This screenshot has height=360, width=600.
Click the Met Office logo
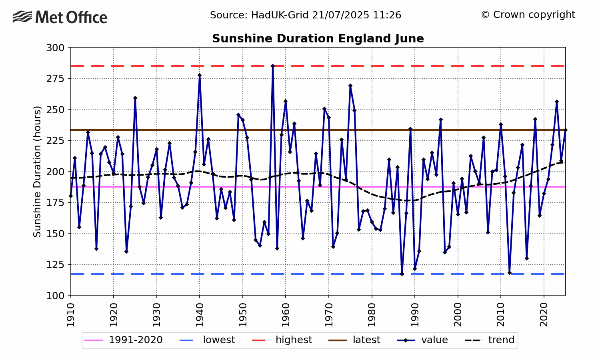click(x=60, y=17)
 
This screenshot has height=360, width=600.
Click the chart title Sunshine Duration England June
click(x=318, y=39)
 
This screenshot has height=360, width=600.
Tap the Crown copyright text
click(x=528, y=15)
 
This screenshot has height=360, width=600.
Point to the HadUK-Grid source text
click(x=306, y=15)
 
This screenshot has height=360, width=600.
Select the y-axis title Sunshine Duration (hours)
click(x=37, y=171)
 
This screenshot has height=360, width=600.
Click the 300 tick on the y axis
click(x=56, y=48)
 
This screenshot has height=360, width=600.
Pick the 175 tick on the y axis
click(x=56, y=202)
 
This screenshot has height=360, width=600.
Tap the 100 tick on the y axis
click(x=56, y=295)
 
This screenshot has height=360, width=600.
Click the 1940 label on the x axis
click(x=200, y=315)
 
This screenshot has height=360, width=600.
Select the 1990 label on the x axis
click(x=415, y=315)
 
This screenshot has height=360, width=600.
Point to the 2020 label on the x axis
click(x=544, y=315)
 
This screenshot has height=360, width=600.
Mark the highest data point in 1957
click(x=273, y=66)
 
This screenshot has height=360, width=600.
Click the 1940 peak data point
click(x=200, y=75)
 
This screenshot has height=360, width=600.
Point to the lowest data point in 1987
click(x=402, y=274)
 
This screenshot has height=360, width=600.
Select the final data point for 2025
click(x=565, y=130)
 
